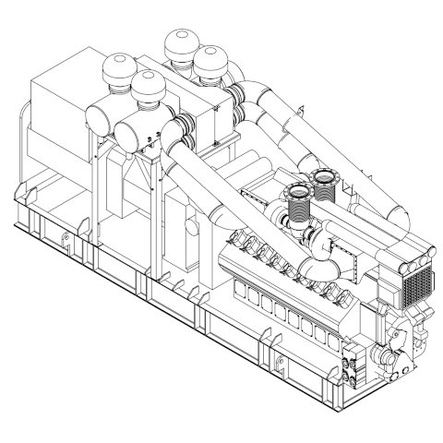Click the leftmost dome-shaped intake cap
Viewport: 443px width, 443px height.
[x=118, y=68]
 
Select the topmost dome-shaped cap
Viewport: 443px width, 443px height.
[x=176, y=44]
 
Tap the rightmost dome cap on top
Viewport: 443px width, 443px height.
[x=211, y=65]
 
